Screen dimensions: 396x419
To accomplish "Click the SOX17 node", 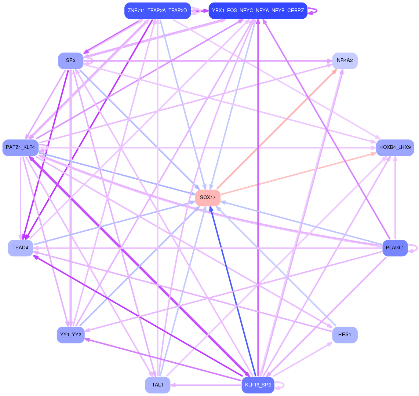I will tap(208, 198).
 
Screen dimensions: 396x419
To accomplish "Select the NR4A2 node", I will tap(345, 60).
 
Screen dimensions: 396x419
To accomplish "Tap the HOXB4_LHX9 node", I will tap(395, 147).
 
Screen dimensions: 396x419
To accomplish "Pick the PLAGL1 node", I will tap(395, 248).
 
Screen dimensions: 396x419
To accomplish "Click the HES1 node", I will tap(345, 335).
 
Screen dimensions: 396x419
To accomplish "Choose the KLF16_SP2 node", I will tap(258, 385).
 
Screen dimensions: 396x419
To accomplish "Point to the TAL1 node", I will tap(157, 385).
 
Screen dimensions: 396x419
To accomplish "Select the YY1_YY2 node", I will tap(71, 335).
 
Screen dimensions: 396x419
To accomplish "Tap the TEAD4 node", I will tap(21, 248).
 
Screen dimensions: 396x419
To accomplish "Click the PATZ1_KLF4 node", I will tap(21, 147).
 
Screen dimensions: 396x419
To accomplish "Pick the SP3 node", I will tap(71, 60).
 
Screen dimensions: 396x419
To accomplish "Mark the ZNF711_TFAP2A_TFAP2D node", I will tap(157, 10).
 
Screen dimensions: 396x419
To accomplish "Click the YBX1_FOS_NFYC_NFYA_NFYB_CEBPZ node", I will tap(258, 10).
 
